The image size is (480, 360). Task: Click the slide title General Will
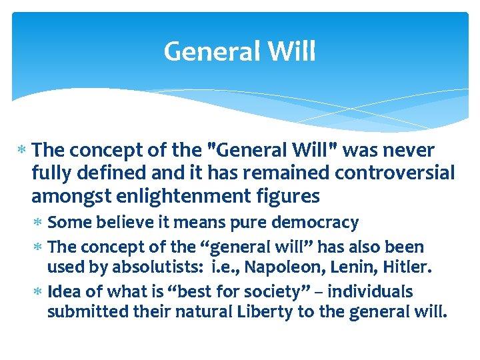click(x=239, y=51)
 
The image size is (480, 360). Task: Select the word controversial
click(x=395, y=174)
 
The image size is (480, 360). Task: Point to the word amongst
click(x=65, y=197)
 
